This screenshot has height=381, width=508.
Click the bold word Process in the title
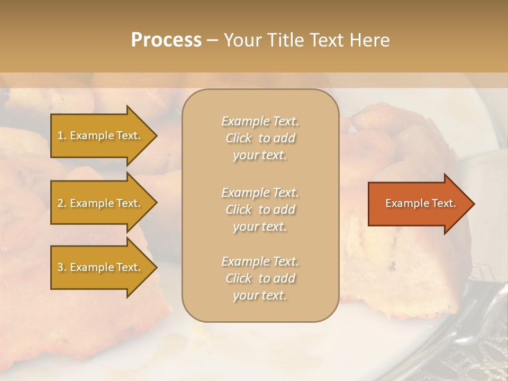click(x=166, y=40)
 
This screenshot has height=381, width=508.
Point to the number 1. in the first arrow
click(x=62, y=135)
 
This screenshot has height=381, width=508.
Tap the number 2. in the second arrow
click(x=62, y=203)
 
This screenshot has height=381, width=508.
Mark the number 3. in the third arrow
click(x=62, y=267)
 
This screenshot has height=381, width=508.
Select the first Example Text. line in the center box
click(x=260, y=121)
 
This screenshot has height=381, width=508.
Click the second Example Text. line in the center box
click(x=260, y=193)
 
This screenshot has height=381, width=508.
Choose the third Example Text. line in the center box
click(x=260, y=261)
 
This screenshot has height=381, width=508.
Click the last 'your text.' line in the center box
click(x=260, y=296)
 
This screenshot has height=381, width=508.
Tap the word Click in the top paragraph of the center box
click(x=239, y=138)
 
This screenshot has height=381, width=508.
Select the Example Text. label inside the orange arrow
click(x=421, y=203)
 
